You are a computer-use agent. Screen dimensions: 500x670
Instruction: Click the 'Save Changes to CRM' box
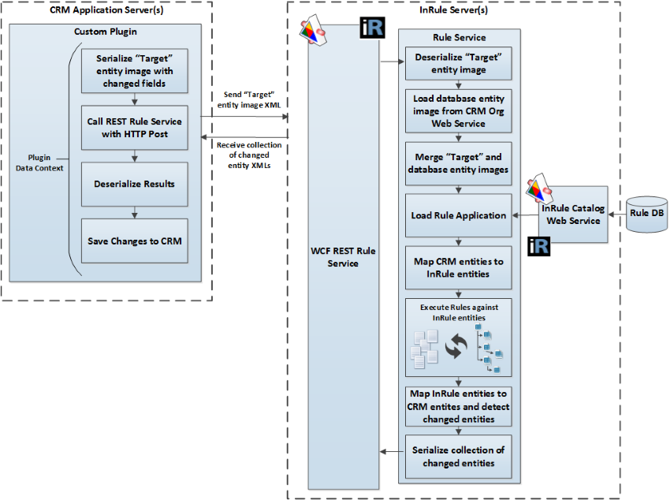point(138,241)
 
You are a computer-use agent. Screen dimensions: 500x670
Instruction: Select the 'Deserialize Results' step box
point(138,184)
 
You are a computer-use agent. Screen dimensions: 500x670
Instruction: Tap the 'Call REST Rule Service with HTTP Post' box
point(138,127)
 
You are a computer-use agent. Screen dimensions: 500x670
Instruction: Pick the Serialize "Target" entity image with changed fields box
point(138,70)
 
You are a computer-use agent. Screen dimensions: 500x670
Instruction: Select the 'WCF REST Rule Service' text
point(342,257)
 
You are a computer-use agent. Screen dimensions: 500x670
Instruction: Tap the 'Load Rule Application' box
point(459,215)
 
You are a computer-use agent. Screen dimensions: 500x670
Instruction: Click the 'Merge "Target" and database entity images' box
point(459,163)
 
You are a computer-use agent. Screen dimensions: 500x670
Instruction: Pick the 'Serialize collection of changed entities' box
point(459,456)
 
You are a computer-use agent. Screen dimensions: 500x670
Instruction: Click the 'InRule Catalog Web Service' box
point(573,215)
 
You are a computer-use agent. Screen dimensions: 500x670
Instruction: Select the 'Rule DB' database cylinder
point(646,215)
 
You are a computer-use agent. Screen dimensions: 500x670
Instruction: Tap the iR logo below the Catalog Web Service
point(539,247)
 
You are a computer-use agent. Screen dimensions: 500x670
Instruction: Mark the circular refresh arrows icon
point(455,348)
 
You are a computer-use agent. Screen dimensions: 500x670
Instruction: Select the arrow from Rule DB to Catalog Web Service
point(616,215)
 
